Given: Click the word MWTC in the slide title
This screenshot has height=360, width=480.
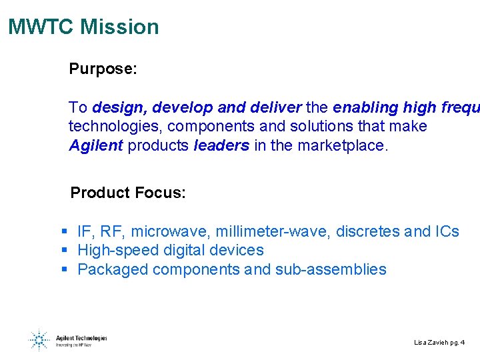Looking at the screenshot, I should pos(41,27).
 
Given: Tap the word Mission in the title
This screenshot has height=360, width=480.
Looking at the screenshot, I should pos(119,27).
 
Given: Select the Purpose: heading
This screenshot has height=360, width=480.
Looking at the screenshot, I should pos(103,69).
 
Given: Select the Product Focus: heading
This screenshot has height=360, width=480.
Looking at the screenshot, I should pos(128,193).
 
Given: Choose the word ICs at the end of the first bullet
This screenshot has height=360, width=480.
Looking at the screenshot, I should pos(447,231).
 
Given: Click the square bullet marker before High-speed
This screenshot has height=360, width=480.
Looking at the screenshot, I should pos(65,251).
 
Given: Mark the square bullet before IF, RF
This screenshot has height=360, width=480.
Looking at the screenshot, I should pos(65,231).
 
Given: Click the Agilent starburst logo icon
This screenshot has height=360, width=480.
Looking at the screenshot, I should pos(39,341).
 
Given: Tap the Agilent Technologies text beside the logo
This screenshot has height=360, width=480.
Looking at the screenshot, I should pos(81,338).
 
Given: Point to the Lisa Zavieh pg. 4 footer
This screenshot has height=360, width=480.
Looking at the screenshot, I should pos(439,343).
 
